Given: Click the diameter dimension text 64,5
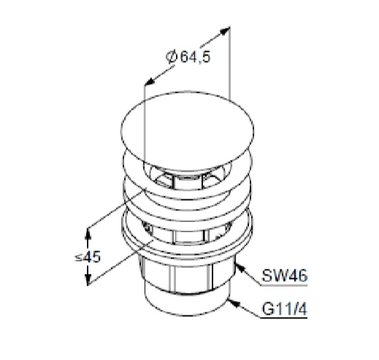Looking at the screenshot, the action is pyautogui.click(x=195, y=57).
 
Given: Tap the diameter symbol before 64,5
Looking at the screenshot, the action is pyautogui.click(x=171, y=57).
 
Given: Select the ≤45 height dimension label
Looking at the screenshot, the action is pyautogui.click(x=88, y=257).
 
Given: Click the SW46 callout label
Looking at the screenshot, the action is pyautogui.click(x=284, y=276).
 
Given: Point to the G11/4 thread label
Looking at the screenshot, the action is pyautogui.click(x=284, y=309).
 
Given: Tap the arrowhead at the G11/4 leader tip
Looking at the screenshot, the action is pyautogui.click(x=234, y=303).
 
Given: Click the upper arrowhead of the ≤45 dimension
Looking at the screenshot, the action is pyautogui.click(x=88, y=234).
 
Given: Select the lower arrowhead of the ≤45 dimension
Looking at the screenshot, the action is pyautogui.click(x=88, y=279).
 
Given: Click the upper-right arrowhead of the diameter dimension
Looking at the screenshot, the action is pyautogui.click(x=224, y=31).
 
